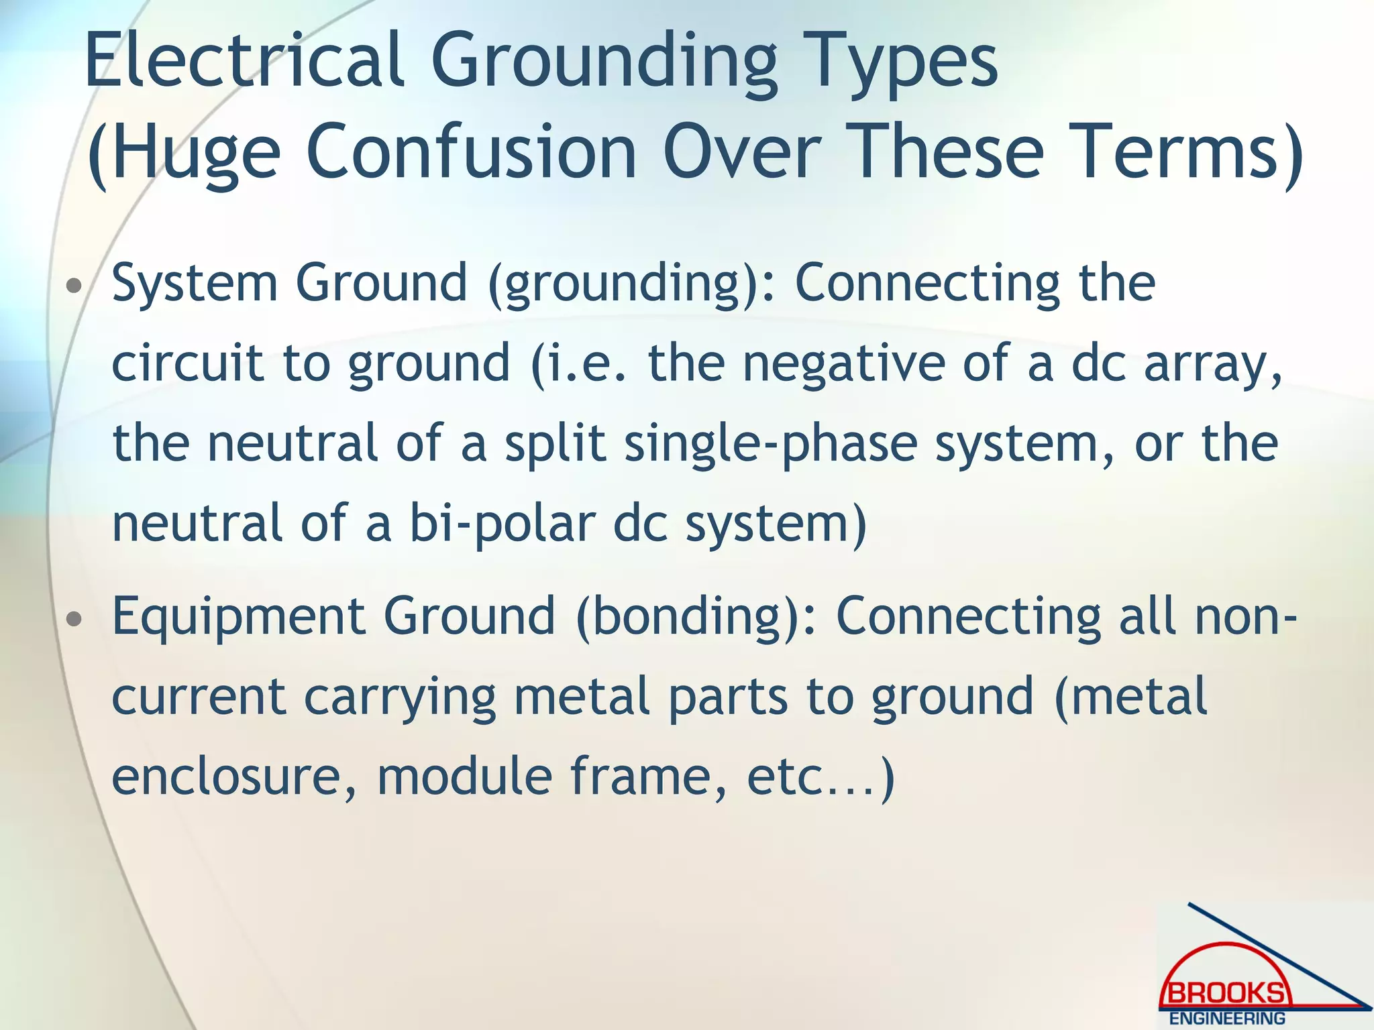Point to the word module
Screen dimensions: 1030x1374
coord(464,777)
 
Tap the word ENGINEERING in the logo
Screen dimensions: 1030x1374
coord(1227,1019)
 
